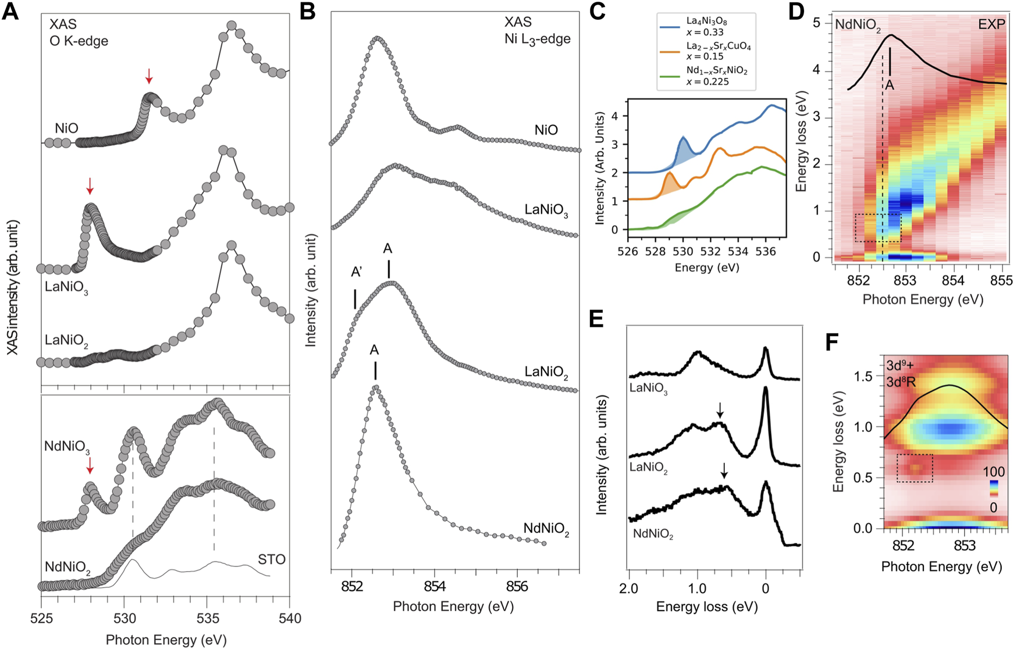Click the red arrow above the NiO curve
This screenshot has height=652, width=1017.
[x=149, y=76]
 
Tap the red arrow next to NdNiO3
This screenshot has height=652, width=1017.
[x=90, y=465]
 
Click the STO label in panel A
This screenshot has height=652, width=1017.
[x=271, y=560]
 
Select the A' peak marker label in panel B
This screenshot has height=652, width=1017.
[x=356, y=272]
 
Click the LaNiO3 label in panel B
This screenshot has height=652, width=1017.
[x=546, y=210]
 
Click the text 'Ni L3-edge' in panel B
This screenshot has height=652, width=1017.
[x=537, y=40]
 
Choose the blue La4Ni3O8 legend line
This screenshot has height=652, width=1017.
[x=670, y=27]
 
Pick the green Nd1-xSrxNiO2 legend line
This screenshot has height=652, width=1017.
[x=670, y=76]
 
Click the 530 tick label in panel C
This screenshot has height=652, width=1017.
[x=683, y=252]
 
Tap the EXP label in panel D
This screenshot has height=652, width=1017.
[x=991, y=24]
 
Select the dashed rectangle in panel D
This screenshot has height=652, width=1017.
[x=877, y=227]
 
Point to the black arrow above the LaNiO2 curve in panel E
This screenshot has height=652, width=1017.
[x=720, y=410]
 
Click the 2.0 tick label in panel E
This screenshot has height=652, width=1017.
[x=629, y=588]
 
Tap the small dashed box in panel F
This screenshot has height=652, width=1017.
[x=915, y=468]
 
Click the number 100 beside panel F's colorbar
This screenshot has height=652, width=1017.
[x=994, y=471]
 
